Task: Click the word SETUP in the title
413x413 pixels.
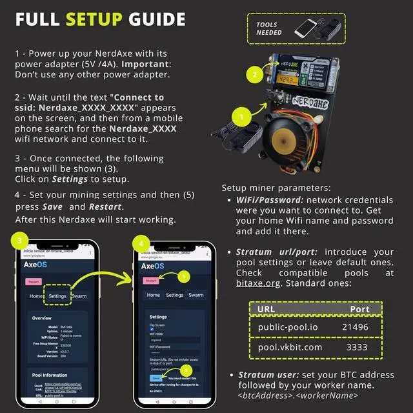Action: click(94, 19)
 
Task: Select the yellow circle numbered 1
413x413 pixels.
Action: click(241, 118)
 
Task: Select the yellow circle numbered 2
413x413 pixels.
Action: click(255, 74)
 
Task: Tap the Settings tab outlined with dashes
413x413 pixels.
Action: click(57, 296)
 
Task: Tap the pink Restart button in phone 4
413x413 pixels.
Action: click(151, 281)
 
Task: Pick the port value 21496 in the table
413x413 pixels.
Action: click(355, 327)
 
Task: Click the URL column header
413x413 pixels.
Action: click(266, 308)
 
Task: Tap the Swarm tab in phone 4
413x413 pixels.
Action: click(196, 295)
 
